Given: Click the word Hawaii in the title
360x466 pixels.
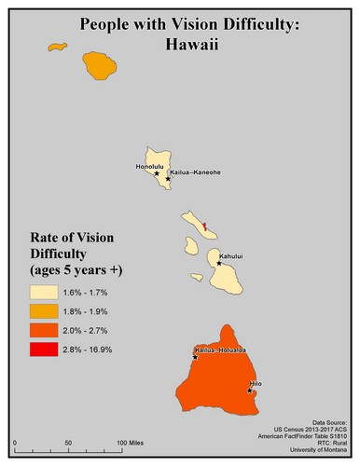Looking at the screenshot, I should [179, 42].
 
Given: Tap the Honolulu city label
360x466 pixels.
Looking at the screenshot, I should [149, 167].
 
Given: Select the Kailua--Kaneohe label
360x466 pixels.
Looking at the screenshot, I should [197, 172].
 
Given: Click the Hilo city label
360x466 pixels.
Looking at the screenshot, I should [256, 383].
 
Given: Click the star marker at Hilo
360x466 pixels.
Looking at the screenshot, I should [250, 391].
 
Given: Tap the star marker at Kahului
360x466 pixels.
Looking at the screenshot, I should [219, 264].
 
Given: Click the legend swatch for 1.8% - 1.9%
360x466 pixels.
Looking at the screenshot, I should [41, 309].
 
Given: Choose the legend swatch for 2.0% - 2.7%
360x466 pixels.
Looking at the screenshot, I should [41, 329].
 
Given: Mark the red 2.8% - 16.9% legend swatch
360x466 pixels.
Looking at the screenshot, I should [41, 349].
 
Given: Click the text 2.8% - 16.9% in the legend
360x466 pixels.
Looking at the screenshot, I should [96, 349].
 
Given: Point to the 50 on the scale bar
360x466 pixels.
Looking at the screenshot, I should [67, 440].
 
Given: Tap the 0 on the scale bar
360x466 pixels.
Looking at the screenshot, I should [15, 440].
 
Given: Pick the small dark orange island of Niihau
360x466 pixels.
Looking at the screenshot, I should [58, 46].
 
